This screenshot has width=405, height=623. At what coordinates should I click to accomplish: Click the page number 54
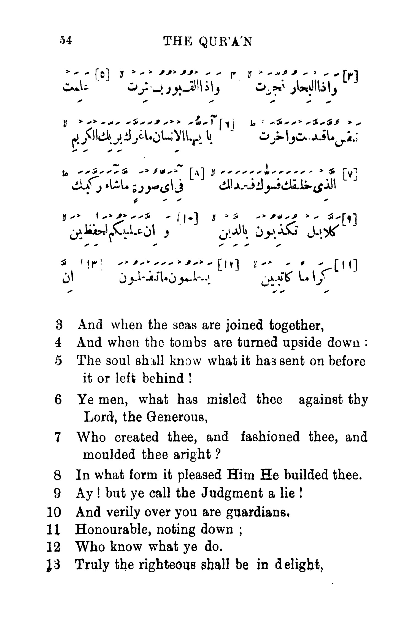click(65, 41)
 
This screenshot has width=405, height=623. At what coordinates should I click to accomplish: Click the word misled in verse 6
click(226, 400)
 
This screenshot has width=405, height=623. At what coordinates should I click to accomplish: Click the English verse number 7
click(58, 438)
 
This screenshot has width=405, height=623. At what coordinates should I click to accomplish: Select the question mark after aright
click(217, 454)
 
